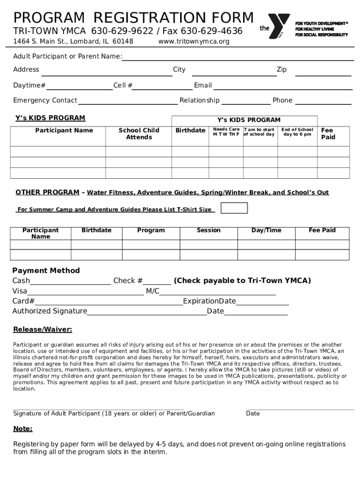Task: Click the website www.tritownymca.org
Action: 194,42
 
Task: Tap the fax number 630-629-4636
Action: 211,31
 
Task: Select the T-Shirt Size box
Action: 234,208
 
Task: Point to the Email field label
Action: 203,86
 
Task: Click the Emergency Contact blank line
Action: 128,103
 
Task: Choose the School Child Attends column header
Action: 139,134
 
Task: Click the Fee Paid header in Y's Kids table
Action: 327,134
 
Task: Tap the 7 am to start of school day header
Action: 259,132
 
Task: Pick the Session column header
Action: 209,230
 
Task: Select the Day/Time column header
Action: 266,230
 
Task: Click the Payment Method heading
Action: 46,270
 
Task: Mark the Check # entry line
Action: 157,283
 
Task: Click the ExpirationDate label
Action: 209,301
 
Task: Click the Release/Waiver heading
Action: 43,329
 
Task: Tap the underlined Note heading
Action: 23,428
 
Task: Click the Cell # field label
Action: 123,86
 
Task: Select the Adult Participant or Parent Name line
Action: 238,59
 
